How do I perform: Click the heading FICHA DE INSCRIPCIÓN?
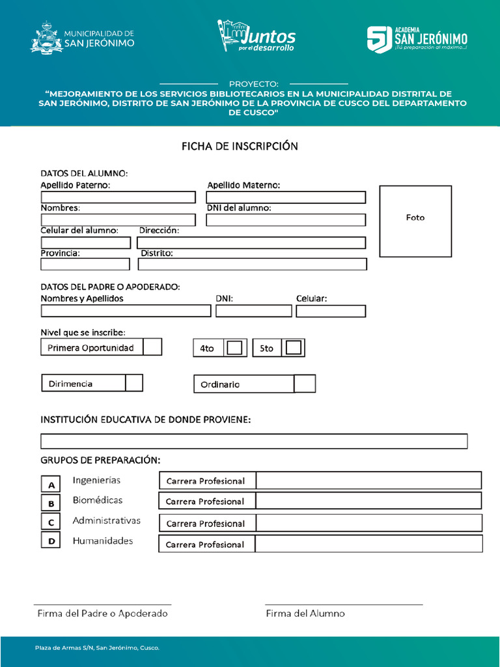[x=240, y=146]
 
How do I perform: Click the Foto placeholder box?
[x=415, y=221]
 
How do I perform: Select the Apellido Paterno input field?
[x=118, y=197]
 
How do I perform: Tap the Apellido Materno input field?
[x=286, y=197]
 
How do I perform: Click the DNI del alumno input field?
[x=286, y=220]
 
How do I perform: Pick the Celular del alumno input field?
[x=85, y=242]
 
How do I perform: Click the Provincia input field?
[x=85, y=264]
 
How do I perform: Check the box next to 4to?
[x=235, y=348]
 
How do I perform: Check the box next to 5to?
[x=294, y=348]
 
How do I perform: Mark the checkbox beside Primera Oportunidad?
[x=152, y=347]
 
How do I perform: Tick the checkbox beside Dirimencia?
[x=134, y=383]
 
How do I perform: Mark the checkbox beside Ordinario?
[x=305, y=384]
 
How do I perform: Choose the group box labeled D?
[x=51, y=541]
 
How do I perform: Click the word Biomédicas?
[x=98, y=500]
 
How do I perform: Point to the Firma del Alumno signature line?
[x=344, y=604]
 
